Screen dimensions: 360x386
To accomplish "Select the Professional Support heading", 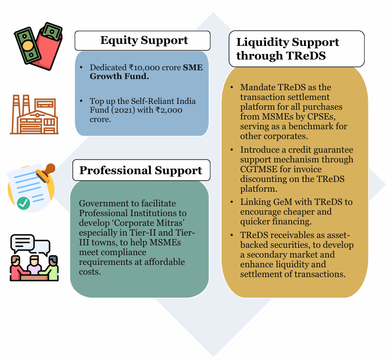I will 141,170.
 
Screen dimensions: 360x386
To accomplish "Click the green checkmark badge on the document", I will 23,203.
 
